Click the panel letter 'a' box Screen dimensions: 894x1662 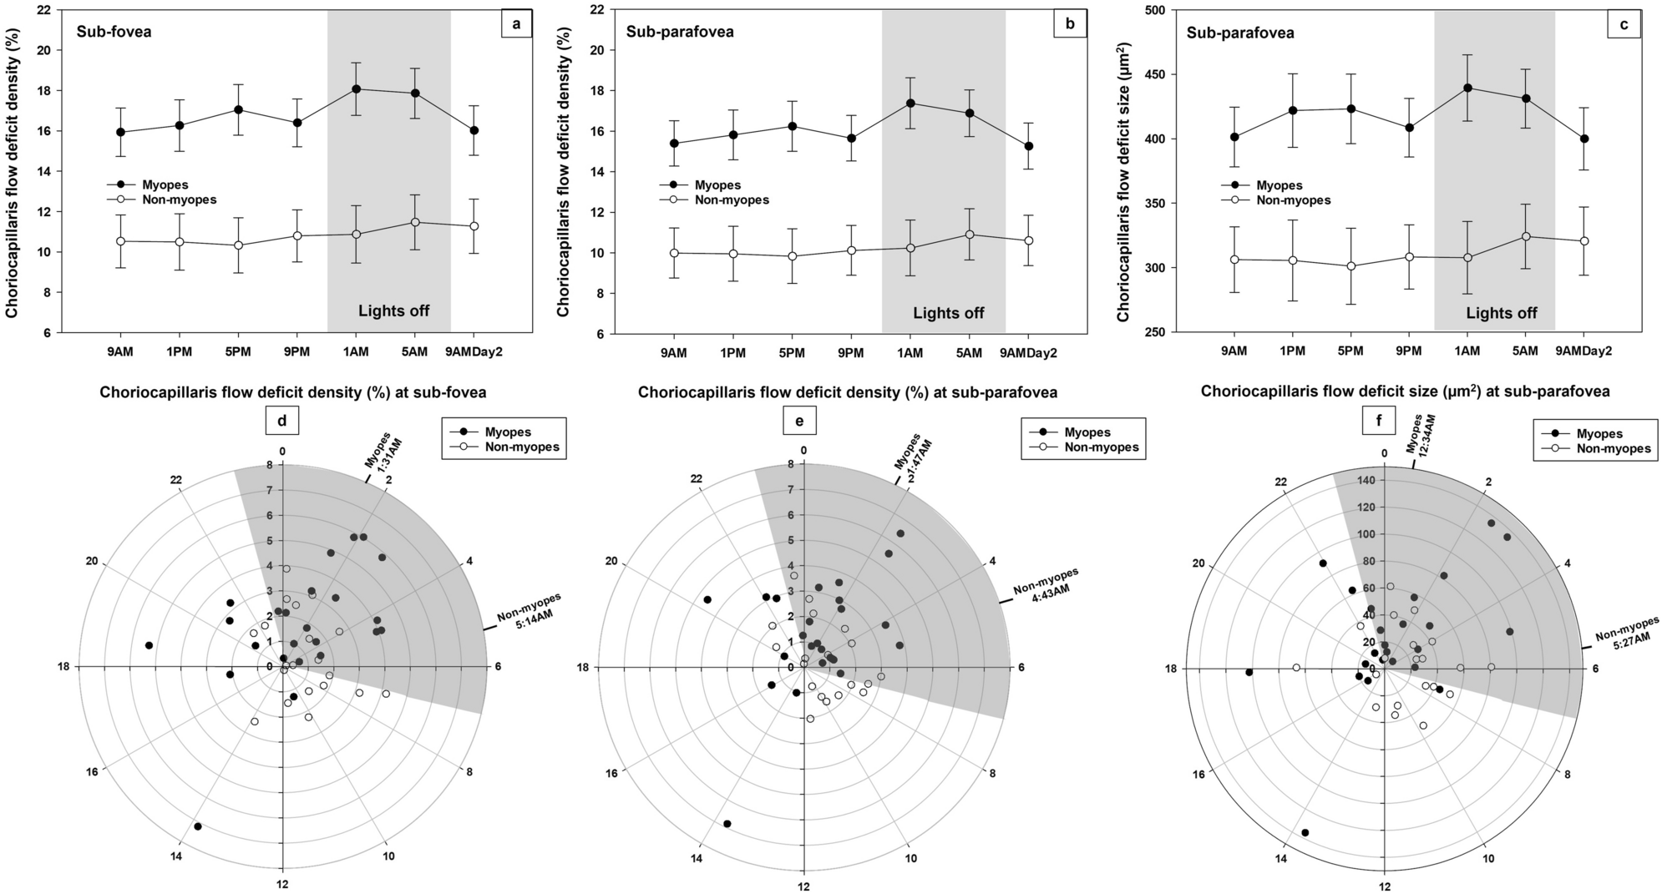[x=516, y=25]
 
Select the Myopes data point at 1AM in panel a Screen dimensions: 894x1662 [x=356, y=88]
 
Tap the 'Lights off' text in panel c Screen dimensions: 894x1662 [x=1501, y=314]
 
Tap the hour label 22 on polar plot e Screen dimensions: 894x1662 [x=697, y=479]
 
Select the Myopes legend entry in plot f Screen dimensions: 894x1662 [x=1599, y=434]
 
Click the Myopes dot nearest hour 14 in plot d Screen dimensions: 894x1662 [x=198, y=826]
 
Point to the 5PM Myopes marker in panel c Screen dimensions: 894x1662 [x=1350, y=109]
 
